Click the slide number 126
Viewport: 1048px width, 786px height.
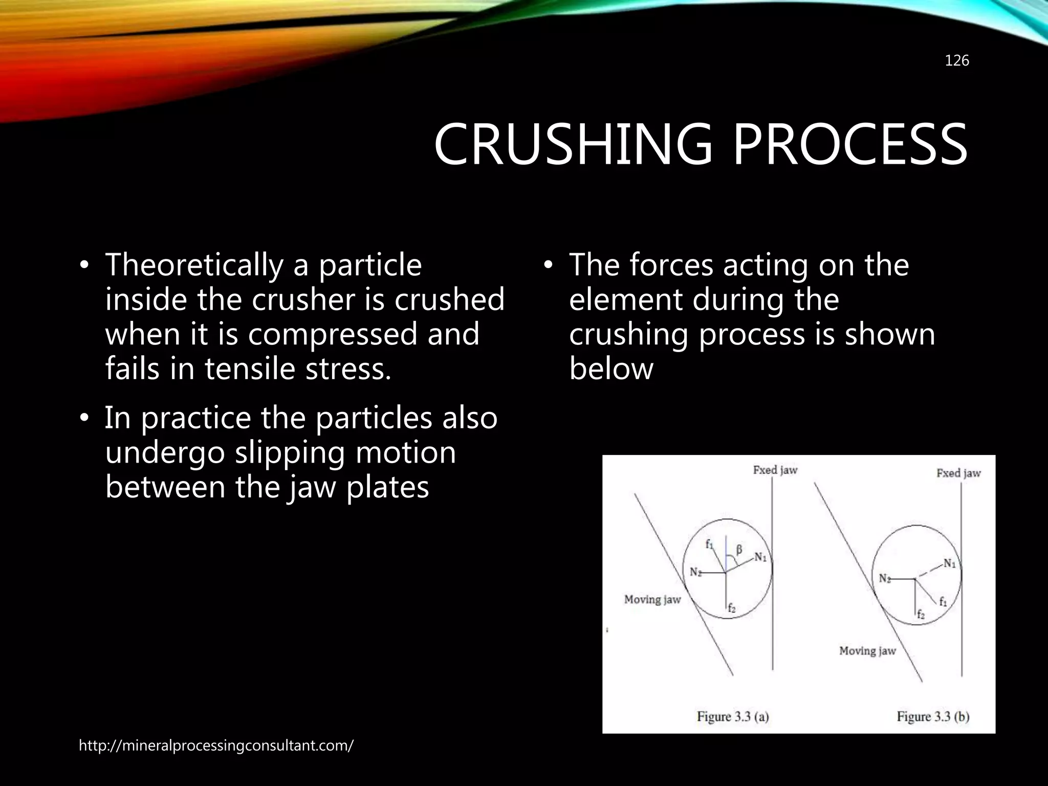coord(956,61)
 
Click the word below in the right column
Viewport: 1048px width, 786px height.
coord(611,369)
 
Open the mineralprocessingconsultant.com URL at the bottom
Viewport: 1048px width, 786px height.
coord(215,746)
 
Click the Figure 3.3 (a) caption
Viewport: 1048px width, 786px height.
coord(732,716)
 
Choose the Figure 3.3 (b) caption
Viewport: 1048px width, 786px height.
coord(932,716)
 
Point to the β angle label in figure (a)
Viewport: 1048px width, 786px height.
coord(739,550)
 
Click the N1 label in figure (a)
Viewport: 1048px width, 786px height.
coord(760,557)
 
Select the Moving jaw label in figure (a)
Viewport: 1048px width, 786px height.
coord(652,599)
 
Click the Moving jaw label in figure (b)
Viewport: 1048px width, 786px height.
coord(867,651)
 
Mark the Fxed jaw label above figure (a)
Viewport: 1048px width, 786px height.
coord(775,470)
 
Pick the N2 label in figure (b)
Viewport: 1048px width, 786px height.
coord(885,578)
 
